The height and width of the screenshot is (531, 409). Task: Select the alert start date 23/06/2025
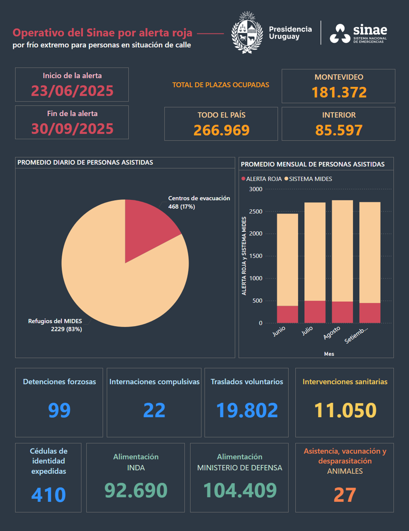pos(72,90)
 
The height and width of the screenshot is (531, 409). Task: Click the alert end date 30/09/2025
pos(72,128)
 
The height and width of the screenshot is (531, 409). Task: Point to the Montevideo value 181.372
pos(339,92)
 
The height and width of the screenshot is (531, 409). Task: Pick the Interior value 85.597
pos(339,130)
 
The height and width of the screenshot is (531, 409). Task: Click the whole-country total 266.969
pos(221,130)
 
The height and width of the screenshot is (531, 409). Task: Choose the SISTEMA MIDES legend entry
pos(310,179)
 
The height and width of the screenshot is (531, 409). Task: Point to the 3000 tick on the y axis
pos(256,189)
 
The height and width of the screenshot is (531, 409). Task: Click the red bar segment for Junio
pos(287,314)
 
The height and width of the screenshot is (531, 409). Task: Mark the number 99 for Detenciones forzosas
pos(59,410)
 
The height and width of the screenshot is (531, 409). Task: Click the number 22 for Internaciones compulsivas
pos(154,410)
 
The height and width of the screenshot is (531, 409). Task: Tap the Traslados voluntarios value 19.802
pos(247,410)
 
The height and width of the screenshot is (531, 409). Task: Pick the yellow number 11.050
pos(345,410)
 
